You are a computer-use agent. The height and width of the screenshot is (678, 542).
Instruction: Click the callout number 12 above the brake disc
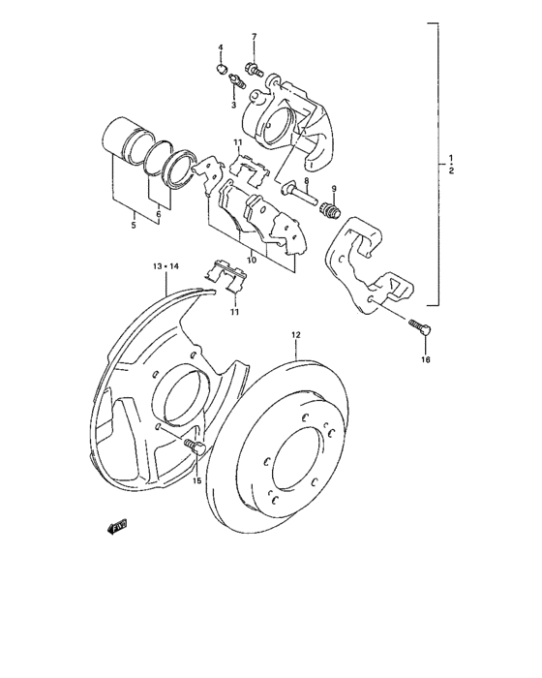296,335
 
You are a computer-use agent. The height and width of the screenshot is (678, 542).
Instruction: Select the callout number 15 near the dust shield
196,480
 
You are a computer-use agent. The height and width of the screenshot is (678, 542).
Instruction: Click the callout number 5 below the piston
134,226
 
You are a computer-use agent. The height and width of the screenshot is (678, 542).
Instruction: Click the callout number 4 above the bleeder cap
220,47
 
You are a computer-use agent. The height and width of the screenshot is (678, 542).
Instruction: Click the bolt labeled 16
419,327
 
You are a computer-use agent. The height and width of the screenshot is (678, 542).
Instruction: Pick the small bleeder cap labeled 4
221,70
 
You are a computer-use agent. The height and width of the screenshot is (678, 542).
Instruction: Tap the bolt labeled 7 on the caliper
254,68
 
